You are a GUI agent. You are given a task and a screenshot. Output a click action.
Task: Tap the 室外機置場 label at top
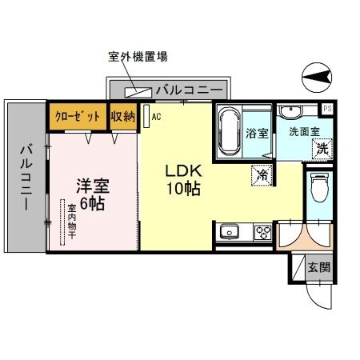point(137,57)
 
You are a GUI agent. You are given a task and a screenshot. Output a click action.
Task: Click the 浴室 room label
point(257,133)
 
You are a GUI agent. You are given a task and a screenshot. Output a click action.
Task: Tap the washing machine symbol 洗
point(322,147)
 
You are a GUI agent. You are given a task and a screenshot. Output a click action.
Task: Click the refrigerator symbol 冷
point(262,172)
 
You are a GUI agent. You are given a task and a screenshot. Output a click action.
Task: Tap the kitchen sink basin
point(230,233)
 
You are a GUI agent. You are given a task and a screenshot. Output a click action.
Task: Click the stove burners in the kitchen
point(262,233)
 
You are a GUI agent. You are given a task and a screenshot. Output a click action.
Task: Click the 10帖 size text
point(183,190)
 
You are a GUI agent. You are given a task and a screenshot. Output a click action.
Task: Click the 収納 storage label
point(123,116)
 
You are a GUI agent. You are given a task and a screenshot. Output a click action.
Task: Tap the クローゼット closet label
point(78,116)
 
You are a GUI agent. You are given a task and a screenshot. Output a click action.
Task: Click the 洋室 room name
point(92,186)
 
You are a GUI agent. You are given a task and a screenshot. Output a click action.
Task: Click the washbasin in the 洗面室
point(290,110)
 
